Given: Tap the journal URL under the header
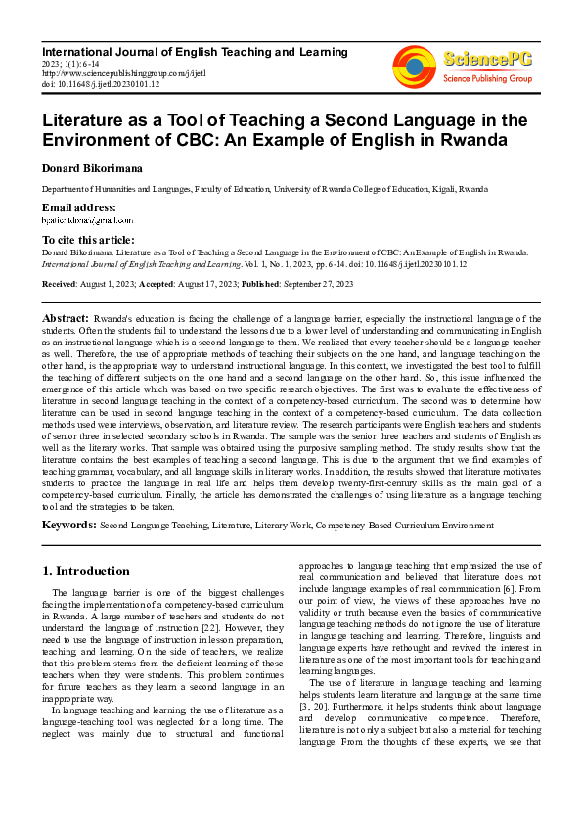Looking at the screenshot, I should pos(112,71).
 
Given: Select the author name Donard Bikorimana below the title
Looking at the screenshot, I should pos(92,168).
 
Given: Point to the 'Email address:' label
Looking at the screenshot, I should pos(78,207).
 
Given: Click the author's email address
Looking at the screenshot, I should pos(88,222).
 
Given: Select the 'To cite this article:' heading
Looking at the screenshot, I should pos(88,240).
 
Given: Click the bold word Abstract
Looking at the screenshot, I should pos(66,318).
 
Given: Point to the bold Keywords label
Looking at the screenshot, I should pos(68,526).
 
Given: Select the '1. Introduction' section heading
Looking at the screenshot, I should pos(87,571).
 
